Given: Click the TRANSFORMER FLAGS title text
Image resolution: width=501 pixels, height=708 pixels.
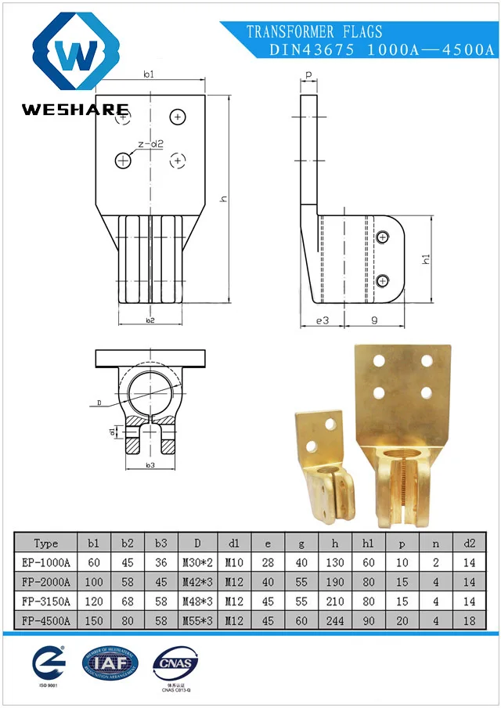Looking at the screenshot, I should pyautogui.click(x=315, y=32).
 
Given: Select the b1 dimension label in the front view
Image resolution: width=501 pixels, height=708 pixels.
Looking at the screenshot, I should pyautogui.click(x=149, y=74).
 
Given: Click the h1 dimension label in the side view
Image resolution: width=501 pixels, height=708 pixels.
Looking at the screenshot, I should pyautogui.click(x=426, y=258).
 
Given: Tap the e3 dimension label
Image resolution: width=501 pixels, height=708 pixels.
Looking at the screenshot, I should pyautogui.click(x=322, y=320).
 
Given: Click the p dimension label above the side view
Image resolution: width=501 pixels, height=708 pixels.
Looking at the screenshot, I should pyautogui.click(x=308, y=75).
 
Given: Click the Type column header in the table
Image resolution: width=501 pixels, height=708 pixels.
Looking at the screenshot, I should pyautogui.click(x=46, y=544).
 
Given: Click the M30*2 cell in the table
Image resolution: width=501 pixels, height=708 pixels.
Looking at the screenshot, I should pyautogui.click(x=199, y=562).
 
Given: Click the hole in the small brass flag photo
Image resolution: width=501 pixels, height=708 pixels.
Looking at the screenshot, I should pyautogui.click(x=311, y=446).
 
